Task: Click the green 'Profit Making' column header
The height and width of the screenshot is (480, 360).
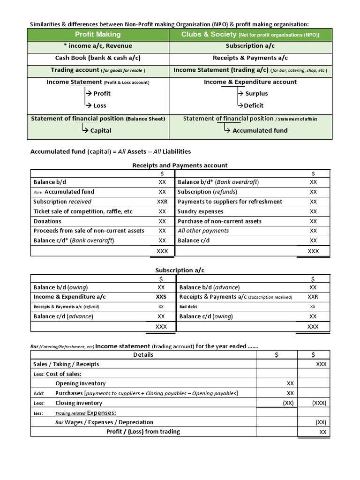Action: [x=98, y=34]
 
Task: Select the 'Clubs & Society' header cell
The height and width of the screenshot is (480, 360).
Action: [x=250, y=34]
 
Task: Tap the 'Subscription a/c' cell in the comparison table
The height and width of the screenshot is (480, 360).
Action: [x=250, y=46]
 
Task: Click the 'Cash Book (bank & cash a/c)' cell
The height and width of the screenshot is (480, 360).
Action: [x=98, y=58]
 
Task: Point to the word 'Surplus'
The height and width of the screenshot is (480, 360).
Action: [x=256, y=93]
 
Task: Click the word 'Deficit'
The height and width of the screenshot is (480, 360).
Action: [x=254, y=105]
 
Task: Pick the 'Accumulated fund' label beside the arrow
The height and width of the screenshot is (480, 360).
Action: [x=260, y=130]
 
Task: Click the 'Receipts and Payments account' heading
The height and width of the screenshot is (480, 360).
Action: [x=180, y=165]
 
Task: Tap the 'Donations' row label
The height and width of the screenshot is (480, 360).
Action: [x=47, y=221]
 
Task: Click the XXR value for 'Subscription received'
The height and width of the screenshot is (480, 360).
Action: [x=162, y=202]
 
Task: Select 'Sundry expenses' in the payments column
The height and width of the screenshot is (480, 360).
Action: [x=201, y=211]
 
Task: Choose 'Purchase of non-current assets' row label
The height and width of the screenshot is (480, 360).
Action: [x=220, y=221]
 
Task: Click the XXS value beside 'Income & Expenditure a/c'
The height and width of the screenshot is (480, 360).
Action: [x=161, y=297]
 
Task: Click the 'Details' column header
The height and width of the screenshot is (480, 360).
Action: [x=143, y=354]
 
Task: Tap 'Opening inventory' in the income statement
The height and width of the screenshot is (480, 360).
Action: [x=81, y=383]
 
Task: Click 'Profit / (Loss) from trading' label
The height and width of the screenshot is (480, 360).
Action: [x=143, y=432]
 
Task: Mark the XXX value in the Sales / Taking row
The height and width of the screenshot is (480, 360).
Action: [x=321, y=364]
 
